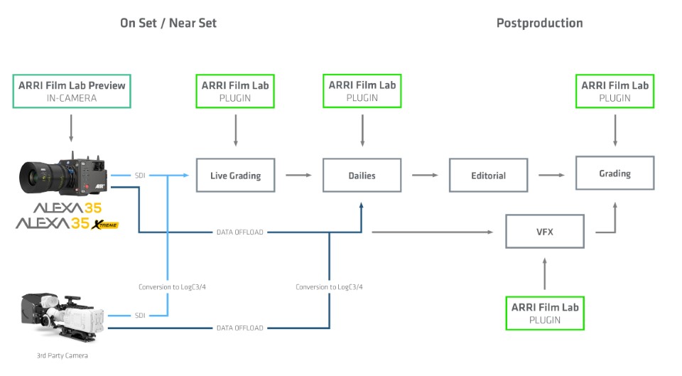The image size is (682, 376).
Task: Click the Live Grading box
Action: click(x=235, y=175)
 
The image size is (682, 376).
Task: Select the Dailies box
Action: click(x=362, y=175)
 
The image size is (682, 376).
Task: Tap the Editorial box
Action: click(x=488, y=175)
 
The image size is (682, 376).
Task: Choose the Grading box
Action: click(x=615, y=173)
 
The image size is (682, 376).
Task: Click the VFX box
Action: click(x=544, y=231)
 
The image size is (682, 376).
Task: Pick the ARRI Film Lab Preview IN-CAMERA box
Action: click(x=71, y=91)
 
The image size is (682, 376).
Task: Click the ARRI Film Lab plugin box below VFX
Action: click(x=545, y=313)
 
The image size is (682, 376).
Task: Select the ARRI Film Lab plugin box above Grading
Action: click(x=615, y=91)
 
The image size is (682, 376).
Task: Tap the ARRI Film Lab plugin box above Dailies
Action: click(x=362, y=91)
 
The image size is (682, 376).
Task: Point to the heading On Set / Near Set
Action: click(x=168, y=23)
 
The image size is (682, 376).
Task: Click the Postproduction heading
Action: click(x=539, y=23)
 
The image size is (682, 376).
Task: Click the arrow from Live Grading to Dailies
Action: click(x=298, y=175)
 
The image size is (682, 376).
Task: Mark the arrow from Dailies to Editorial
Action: click(x=425, y=175)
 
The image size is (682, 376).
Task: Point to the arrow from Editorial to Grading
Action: click(x=551, y=175)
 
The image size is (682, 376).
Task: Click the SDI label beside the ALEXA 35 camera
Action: click(x=141, y=175)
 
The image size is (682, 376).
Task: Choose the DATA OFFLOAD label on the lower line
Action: click(x=239, y=328)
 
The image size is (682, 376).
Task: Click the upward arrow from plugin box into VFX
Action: click(x=545, y=273)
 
